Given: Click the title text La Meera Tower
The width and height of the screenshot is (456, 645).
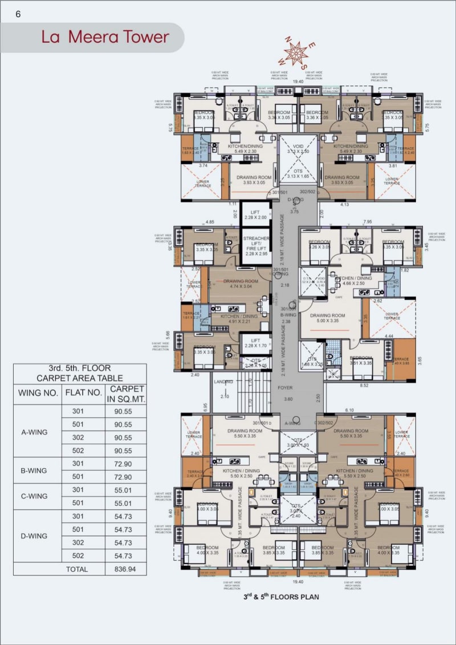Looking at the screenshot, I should tap(105, 37).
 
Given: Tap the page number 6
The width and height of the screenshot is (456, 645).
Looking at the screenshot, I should tap(18, 14).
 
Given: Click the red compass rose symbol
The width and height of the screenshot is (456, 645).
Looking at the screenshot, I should tap(296, 53).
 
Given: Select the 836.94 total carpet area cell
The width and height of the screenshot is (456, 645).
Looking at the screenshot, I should tap(126, 569).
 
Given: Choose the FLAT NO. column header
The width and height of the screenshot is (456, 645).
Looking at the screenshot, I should tap(83, 392).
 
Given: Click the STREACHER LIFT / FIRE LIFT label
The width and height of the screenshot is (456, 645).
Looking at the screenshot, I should tap(256, 246).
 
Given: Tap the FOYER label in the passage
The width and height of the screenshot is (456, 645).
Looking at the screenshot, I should tap(285, 388).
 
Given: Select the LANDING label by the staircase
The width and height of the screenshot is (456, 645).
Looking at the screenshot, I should tap(224, 382).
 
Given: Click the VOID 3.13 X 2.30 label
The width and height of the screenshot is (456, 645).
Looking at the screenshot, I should tap(298, 149).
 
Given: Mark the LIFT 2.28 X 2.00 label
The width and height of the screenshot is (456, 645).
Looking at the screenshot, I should tap(255, 214).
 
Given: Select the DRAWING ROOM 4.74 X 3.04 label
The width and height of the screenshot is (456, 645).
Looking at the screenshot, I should tap(241, 284).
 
